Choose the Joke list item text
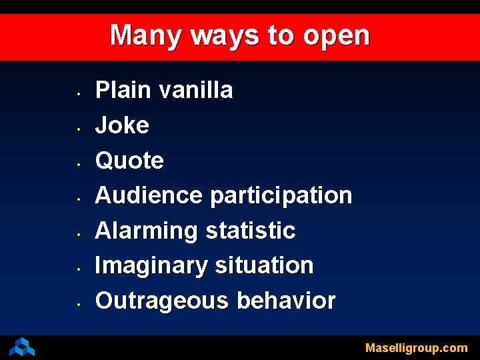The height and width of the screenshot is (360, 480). coord(122,125)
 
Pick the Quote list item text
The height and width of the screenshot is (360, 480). coord(129,160)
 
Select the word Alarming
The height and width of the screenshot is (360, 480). coord(146,231)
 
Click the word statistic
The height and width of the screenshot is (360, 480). coord(250,231)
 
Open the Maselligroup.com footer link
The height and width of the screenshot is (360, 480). coord(416,348)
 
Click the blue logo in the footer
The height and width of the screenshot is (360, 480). coord(22,347)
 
